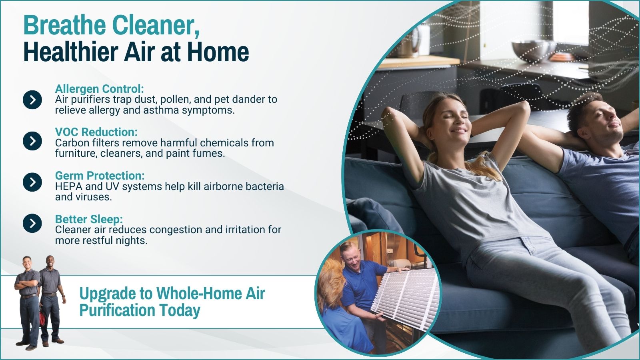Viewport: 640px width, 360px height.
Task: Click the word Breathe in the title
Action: [65, 25]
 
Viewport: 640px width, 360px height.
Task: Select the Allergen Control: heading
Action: [100, 89]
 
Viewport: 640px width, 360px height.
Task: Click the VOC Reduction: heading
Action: [96, 132]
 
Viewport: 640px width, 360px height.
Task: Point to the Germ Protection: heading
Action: [100, 176]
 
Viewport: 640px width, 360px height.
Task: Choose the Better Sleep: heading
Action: [89, 219]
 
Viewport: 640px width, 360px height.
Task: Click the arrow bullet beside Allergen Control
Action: [32, 100]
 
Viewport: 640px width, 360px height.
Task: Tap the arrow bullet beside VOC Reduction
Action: [32, 141]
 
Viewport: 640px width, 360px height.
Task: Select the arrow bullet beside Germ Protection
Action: [32, 182]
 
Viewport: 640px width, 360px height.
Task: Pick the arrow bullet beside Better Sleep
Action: [32, 223]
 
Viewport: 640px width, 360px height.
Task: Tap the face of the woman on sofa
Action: [452, 120]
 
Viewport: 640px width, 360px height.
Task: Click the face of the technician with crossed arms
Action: [26, 264]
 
